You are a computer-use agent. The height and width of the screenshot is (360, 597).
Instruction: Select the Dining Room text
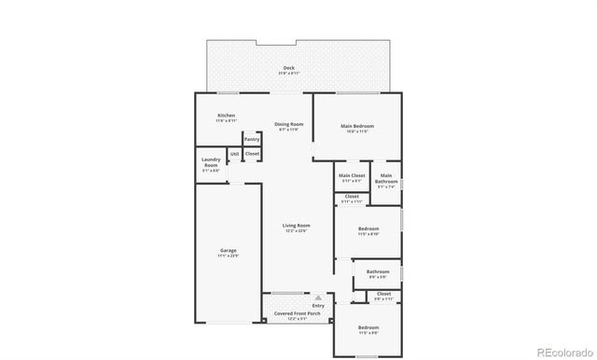point(288,126)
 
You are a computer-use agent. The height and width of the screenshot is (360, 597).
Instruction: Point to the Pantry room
point(252,139)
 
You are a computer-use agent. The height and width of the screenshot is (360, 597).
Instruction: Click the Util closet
point(234,153)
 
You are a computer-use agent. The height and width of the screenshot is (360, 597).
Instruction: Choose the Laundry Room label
point(211,165)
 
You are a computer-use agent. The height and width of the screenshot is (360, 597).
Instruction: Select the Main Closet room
point(352,177)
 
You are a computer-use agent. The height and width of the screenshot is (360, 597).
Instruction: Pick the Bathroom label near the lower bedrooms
point(377,274)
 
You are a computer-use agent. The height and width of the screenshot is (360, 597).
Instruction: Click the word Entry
point(318,305)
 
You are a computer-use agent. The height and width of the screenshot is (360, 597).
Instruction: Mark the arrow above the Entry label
point(318,297)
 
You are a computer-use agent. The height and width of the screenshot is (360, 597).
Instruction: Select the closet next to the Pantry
point(252,153)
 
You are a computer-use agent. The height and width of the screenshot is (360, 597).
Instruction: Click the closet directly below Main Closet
point(352,199)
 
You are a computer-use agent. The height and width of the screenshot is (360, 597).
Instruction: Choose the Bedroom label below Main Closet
point(368,231)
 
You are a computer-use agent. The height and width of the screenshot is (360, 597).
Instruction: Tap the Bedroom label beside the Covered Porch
point(368,329)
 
